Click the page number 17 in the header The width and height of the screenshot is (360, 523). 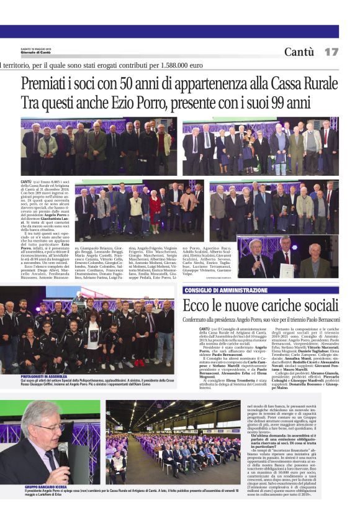point(331,52)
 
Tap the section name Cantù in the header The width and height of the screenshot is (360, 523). point(299,52)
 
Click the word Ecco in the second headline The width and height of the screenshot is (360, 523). point(197,306)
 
